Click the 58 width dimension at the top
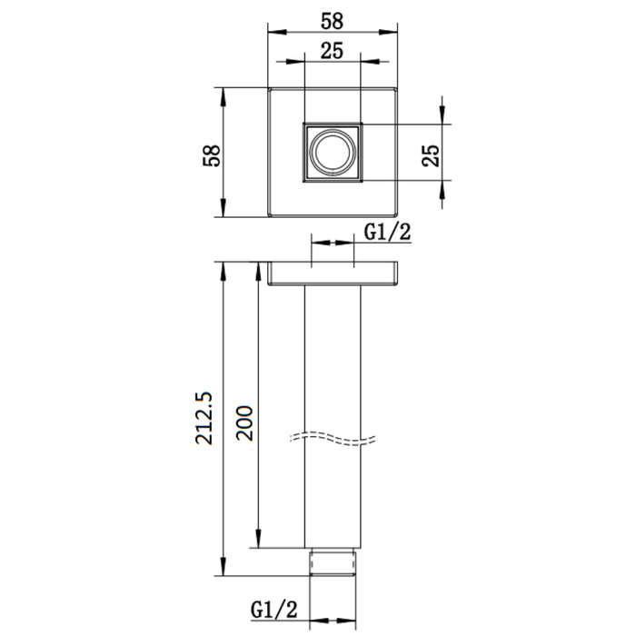point(332,21)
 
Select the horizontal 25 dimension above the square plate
point(332,51)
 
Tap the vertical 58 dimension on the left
point(212,155)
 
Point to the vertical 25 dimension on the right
point(431,155)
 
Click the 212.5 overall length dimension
point(204,418)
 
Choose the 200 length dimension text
point(244,423)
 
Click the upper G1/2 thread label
point(387,233)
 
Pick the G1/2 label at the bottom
point(274,610)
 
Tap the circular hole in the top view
point(333,153)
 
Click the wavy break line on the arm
point(333,439)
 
